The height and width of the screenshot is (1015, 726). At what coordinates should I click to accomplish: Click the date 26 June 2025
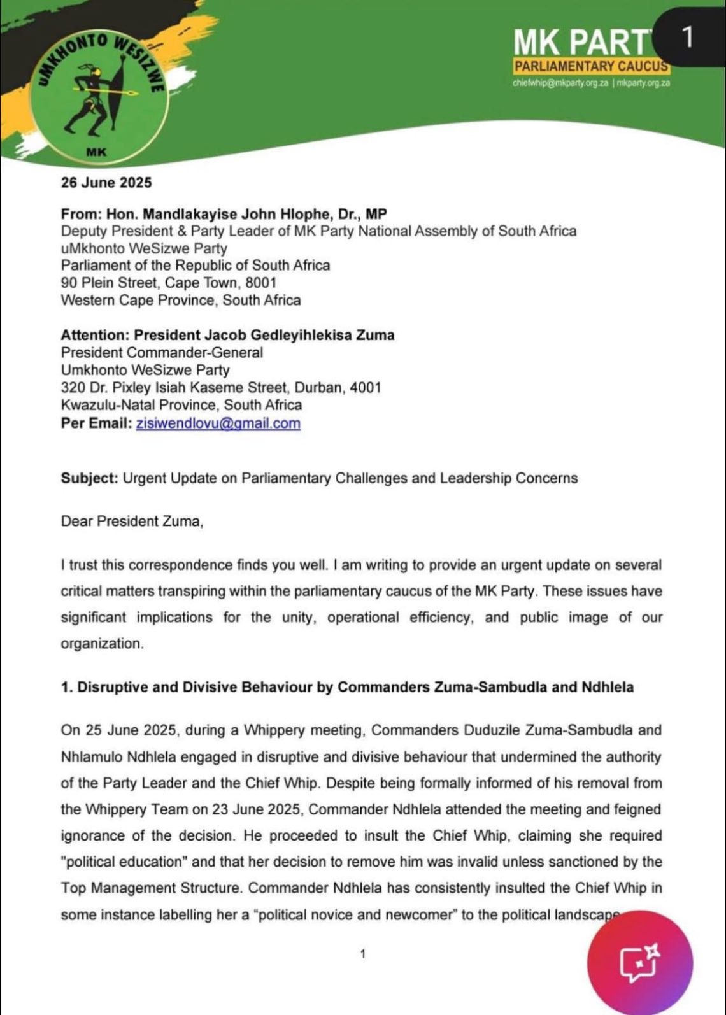(106, 183)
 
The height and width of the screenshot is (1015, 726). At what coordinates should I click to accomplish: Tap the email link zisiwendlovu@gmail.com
(218, 423)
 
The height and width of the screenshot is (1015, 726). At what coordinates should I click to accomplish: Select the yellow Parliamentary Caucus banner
(591, 66)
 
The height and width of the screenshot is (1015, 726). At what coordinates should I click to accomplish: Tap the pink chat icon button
(639, 963)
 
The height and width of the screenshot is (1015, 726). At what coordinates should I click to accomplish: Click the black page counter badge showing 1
(687, 38)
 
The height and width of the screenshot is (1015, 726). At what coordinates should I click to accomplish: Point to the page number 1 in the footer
(362, 954)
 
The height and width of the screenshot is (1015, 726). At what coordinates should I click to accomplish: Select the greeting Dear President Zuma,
(132, 522)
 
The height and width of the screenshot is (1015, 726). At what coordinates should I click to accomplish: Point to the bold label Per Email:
(96, 423)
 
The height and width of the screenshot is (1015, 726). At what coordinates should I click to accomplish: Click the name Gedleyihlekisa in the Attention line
(290, 335)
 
